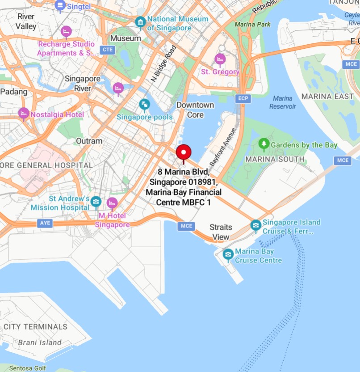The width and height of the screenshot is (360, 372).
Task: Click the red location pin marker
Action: [184, 153]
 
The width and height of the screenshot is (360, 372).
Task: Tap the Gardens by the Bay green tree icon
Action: [264, 144]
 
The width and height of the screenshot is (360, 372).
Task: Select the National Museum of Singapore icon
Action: [140, 22]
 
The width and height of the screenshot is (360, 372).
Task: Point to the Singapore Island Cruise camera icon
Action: [255, 224]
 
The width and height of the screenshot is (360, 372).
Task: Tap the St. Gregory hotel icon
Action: [220, 59]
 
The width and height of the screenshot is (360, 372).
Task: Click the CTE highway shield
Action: [107, 50]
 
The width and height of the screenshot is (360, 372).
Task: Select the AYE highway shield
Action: [45, 223]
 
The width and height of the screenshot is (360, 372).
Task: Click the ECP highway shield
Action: [243, 98]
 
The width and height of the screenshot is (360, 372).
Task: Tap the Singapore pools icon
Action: [144, 105]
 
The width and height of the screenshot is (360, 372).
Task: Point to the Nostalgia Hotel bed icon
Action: [23, 114]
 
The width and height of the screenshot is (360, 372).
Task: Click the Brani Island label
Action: [40, 342]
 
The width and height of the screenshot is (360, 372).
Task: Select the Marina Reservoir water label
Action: [282, 102]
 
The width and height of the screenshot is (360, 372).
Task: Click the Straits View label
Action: [221, 232]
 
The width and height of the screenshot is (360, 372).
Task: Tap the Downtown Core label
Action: [195, 110]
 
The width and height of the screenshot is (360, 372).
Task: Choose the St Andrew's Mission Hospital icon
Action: [96, 203]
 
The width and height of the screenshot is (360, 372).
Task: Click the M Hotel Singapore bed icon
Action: [112, 203]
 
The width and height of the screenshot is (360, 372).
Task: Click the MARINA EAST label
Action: [327, 96]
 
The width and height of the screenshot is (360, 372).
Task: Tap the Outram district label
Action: [89, 141]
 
